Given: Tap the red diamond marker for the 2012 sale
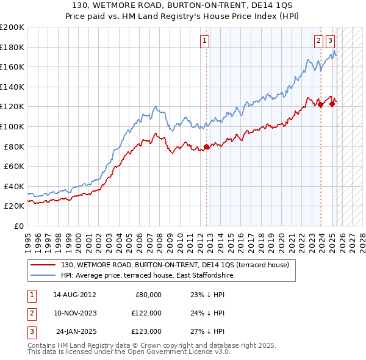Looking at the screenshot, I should pos(207,146).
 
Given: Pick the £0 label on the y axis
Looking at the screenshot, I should pos(20,226).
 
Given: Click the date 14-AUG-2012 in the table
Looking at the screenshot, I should pos(74,294).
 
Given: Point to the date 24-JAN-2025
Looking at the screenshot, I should pos(76,332).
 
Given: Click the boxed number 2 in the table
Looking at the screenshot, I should pos(31,313).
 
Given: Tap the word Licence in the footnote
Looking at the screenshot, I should pos(198,351).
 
